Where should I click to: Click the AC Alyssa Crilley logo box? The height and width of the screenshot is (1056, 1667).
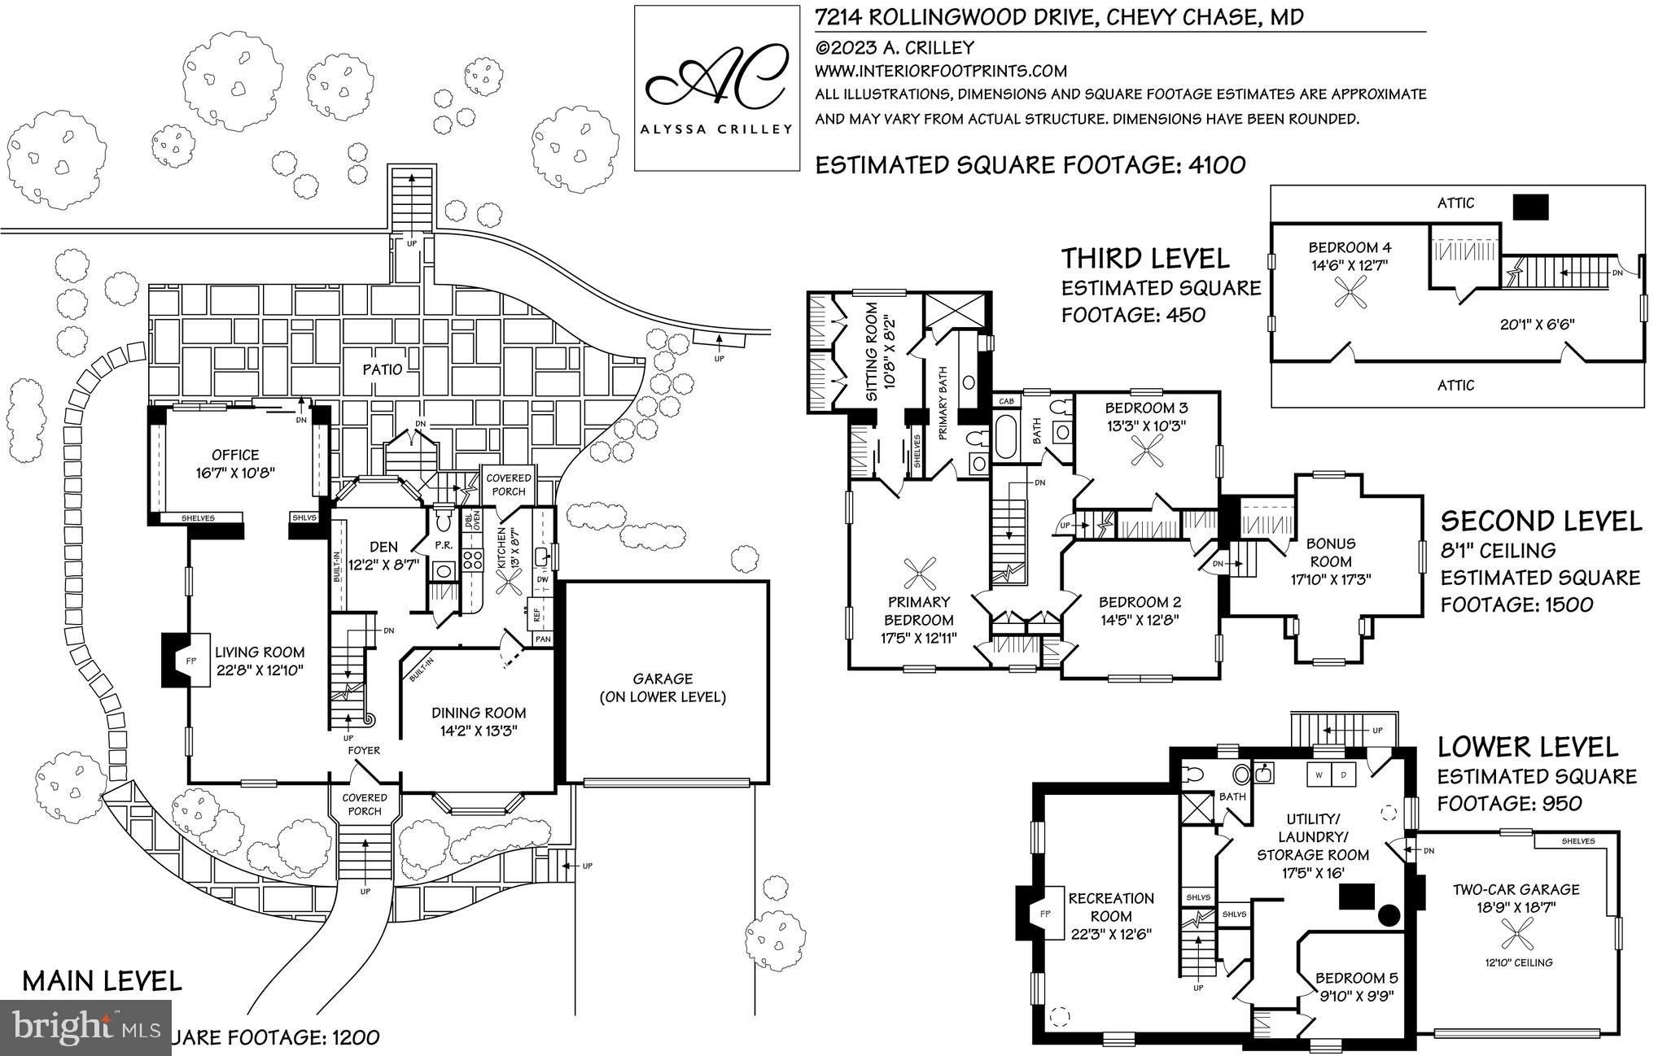point(716,88)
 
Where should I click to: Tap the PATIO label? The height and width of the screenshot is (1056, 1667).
point(383,369)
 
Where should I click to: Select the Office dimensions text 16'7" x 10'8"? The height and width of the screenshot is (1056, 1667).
point(235,472)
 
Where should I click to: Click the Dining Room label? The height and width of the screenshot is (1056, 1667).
point(479,713)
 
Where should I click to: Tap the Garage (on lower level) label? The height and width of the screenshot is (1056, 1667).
point(663,687)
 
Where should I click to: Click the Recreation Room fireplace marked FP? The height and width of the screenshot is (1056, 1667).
point(1045,914)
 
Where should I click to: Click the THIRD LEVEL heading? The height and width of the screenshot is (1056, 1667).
point(1144,259)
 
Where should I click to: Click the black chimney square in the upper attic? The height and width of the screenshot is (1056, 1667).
point(1529,207)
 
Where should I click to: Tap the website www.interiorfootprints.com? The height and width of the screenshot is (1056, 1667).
point(941,71)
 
